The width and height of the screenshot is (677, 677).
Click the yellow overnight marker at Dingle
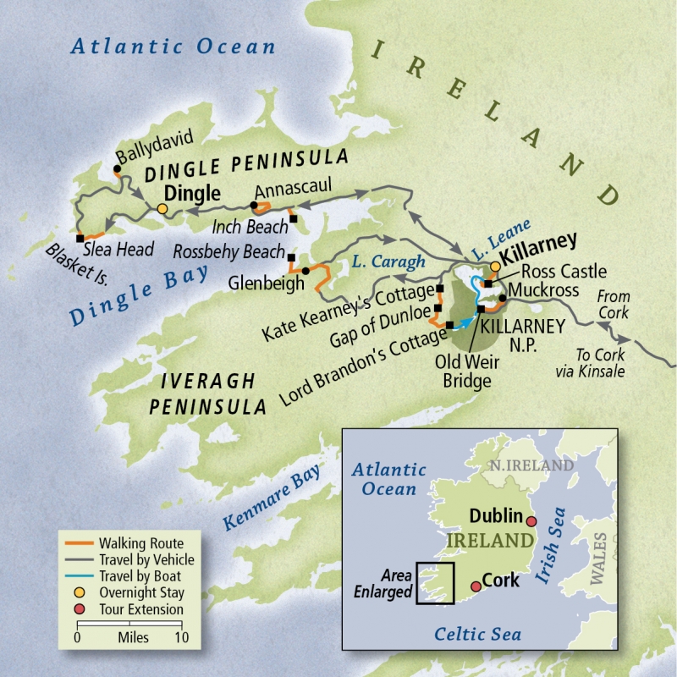tap(162, 209)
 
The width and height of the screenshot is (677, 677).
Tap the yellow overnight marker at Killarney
tap(495, 266)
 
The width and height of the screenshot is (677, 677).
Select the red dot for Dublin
tap(531, 521)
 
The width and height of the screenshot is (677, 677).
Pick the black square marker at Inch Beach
tap(294, 218)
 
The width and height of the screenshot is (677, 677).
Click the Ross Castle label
tap(564, 272)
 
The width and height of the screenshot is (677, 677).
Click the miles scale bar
tap(129, 626)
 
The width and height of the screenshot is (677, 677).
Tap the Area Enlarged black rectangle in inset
tap(436, 584)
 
